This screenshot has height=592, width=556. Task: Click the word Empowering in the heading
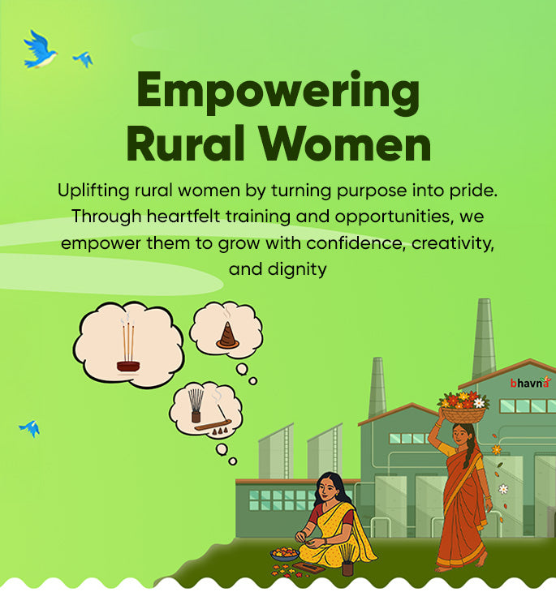pos(278,92)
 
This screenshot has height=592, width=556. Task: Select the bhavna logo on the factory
pos(530,383)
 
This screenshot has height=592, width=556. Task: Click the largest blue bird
pos(40,49)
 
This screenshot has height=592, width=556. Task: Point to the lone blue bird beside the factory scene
pos(30,428)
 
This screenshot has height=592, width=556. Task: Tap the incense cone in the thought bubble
pos(227,336)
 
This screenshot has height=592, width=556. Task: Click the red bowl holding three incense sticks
pos(128,367)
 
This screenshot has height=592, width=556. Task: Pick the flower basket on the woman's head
pos(463,408)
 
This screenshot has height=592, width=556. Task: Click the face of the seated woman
pos(327,490)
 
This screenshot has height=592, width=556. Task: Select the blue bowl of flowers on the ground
pos(285,555)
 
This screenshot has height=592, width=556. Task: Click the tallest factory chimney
pos(484,340)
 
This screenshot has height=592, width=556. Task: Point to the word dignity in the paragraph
pos(297,270)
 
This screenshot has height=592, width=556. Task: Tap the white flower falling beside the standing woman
pos(503,489)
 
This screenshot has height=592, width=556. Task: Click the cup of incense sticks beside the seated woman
pos(347,562)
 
